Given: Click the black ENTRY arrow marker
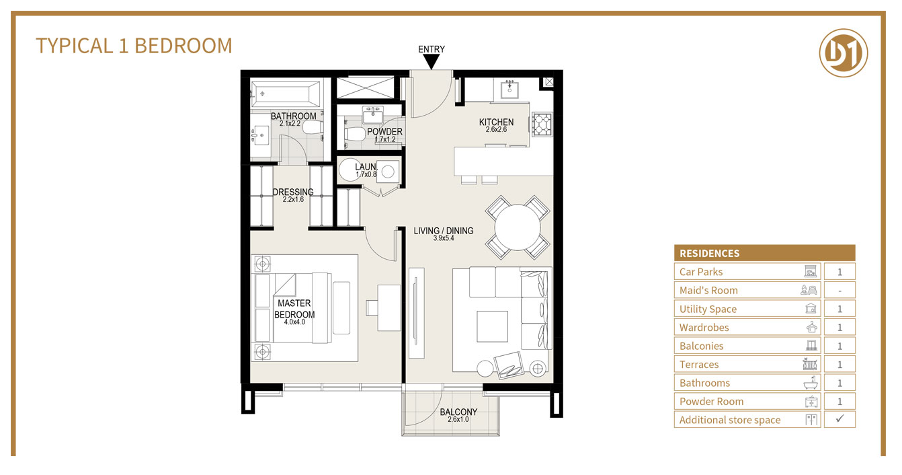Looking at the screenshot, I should pyautogui.click(x=431, y=62).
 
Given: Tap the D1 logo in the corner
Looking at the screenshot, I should pyautogui.click(x=844, y=52).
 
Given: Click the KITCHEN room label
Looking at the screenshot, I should pyautogui.click(x=496, y=122).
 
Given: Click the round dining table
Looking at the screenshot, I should pyautogui.click(x=518, y=227).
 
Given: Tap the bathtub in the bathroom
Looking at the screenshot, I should pyautogui.click(x=286, y=95).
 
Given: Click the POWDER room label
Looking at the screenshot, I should pyautogui.click(x=384, y=132).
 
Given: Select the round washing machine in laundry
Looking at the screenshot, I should pyautogui.click(x=350, y=171).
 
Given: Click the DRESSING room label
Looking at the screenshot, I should pyautogui.click(x=293, y=192).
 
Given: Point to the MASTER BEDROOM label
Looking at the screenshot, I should pyautogui.click(x=294, y=309).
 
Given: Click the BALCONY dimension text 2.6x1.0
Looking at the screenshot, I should pyautogui.click(x=458, y=420).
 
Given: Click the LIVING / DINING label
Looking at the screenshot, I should pyautogui.click(x=443, y=231).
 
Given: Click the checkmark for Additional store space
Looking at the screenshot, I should pyautogui.click(x=839, y=419).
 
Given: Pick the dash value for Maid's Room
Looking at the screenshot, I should pyautogui.click(x=839, y=291).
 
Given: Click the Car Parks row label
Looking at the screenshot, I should pyautogui.click(x=701, y=272).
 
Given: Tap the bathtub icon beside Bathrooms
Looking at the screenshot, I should pyautogui.click(x=813, y=383).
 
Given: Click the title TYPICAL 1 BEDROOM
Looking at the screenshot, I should pyautogui.click(x=134, y=46).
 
